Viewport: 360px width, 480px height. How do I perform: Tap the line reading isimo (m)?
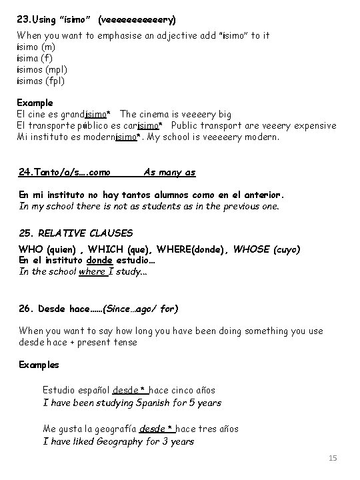click(37, 47)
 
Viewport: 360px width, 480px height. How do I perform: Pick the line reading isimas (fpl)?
click(41, 81)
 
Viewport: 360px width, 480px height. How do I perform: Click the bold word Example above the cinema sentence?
click(35, 103)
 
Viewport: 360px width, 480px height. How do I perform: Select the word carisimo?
click(142, 126)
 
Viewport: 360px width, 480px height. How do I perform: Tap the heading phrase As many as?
click(169, 172)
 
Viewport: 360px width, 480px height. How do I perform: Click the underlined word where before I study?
click(91, 271)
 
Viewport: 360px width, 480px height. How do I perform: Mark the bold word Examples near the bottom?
click(39, 365)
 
